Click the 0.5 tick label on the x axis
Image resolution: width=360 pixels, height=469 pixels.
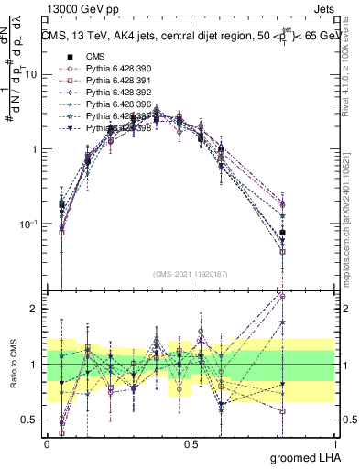coord(191,443)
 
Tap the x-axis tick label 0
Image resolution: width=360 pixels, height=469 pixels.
coord(48,443)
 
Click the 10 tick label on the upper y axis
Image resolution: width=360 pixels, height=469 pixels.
coord(33,74)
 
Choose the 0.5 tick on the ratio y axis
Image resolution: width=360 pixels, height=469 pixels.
coord(33,420)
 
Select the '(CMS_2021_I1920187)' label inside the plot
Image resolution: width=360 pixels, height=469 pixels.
coord(191,274)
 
